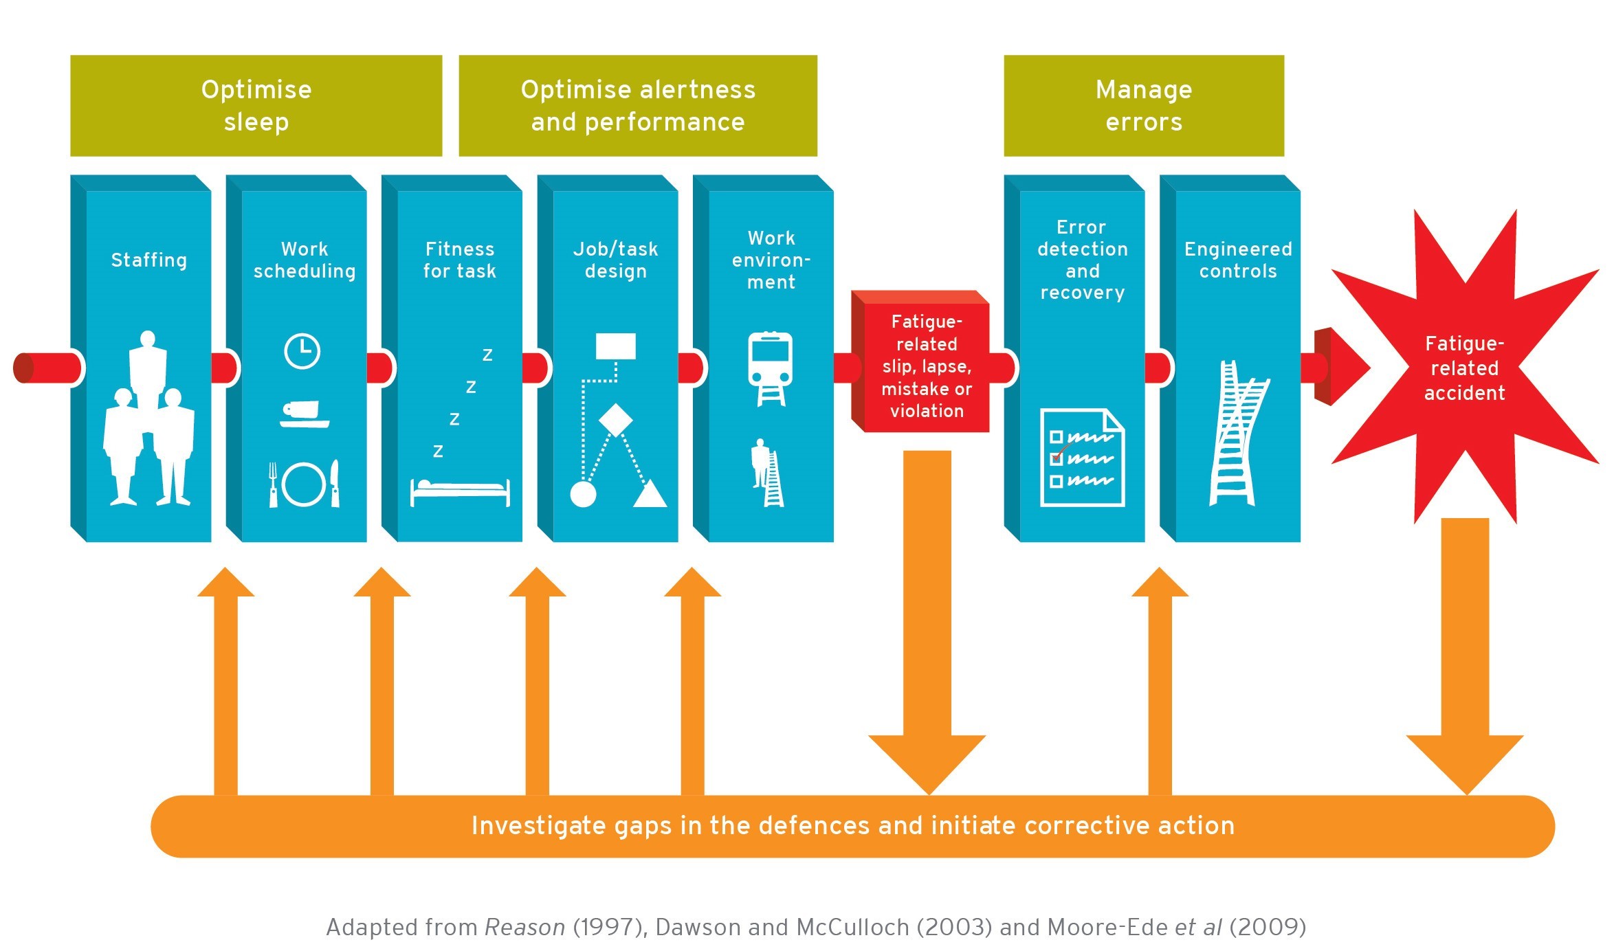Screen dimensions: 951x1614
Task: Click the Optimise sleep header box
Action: coord(256,106)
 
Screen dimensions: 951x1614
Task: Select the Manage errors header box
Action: coord(1143,106)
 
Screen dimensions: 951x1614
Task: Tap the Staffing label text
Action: coord(148,260)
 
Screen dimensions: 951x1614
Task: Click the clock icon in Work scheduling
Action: coord(302,351)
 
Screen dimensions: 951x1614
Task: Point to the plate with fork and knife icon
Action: coord(303,484)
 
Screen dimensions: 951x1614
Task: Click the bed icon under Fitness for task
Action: coord(459,491)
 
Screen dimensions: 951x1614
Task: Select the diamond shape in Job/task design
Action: coord(615,419)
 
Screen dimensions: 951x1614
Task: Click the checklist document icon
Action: coord(1081,458)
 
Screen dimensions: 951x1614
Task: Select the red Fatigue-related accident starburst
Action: coord(1464,368)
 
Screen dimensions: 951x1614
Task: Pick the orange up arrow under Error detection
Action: coord(1160,680)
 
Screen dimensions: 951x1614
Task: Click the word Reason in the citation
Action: coord(524,927)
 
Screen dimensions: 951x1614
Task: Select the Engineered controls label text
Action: coord(1237,260)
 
